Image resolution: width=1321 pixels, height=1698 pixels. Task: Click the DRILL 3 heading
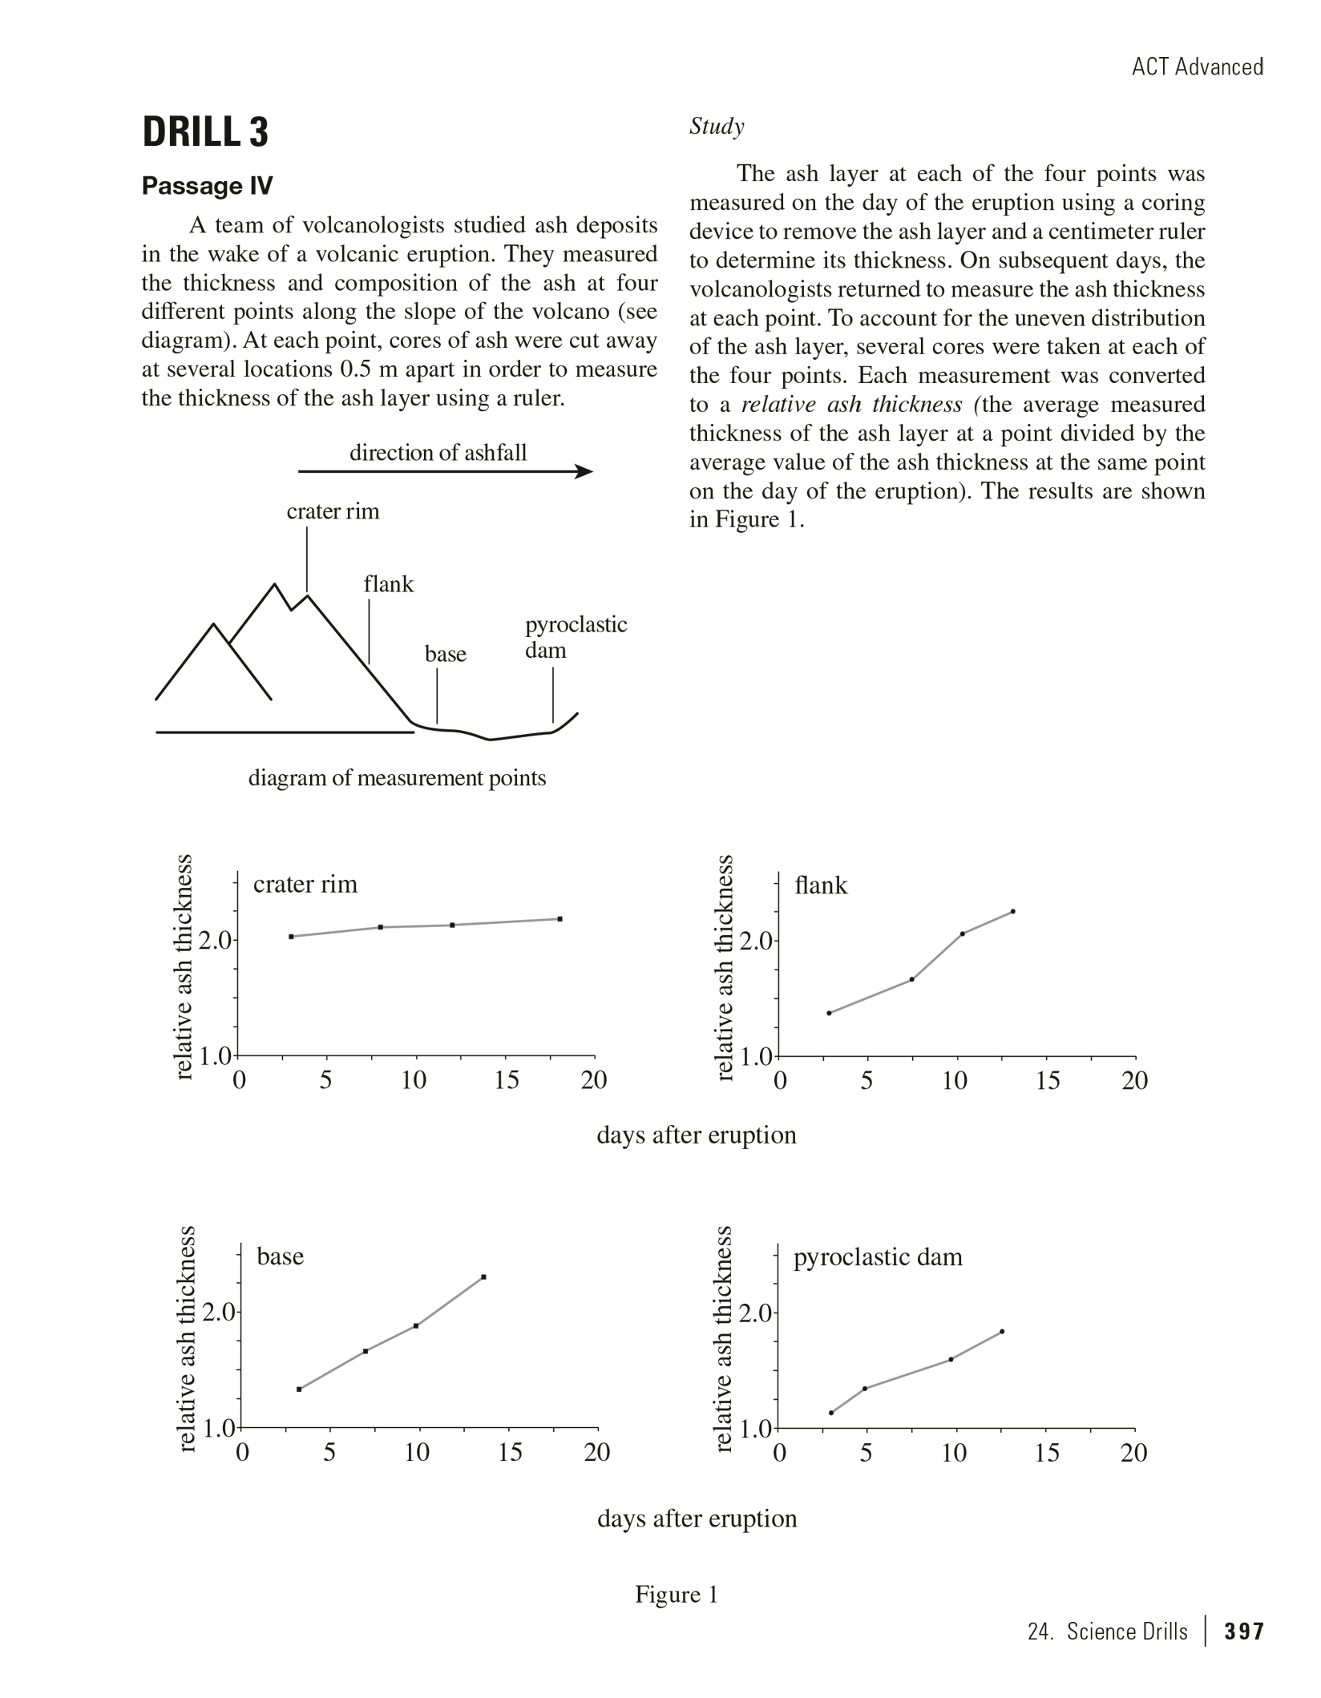(x=205, y=132)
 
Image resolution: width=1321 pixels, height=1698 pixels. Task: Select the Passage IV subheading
(x=207, y=186)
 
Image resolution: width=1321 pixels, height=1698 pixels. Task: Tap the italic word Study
(x=717, y=127)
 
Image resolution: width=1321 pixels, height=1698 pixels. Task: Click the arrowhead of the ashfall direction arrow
(x=585, y=471)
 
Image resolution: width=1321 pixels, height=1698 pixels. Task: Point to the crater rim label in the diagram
(x=333, y=511)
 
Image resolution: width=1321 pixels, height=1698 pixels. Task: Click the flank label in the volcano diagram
(x=389, y=584)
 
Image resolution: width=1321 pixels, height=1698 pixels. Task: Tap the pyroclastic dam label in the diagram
(x=575, y=637)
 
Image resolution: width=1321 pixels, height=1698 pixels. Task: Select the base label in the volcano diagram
(x=445, y=654)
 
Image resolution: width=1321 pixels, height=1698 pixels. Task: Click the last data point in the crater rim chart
(x=560, y=919)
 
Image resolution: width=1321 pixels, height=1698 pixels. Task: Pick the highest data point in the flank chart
(x=1013, y=911)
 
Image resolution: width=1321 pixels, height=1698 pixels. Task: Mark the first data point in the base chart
(x=299, y=1389)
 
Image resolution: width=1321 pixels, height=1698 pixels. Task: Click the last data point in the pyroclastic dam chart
(x=1002, y=1332)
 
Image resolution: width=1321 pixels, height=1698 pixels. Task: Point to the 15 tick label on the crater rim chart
(x=506, y=1081)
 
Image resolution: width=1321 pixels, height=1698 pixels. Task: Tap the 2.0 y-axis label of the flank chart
(x=756, y=941)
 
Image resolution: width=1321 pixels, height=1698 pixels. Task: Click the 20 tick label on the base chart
(x=597, y=1453)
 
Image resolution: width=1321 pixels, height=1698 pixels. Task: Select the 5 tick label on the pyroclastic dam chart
(x=866, y=1453)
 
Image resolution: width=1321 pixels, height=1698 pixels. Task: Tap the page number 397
(x=1244, y=1632)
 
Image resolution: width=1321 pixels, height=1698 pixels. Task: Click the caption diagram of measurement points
(x=397, y=778)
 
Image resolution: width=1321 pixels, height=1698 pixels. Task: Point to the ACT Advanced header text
(x=1198, y=67)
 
